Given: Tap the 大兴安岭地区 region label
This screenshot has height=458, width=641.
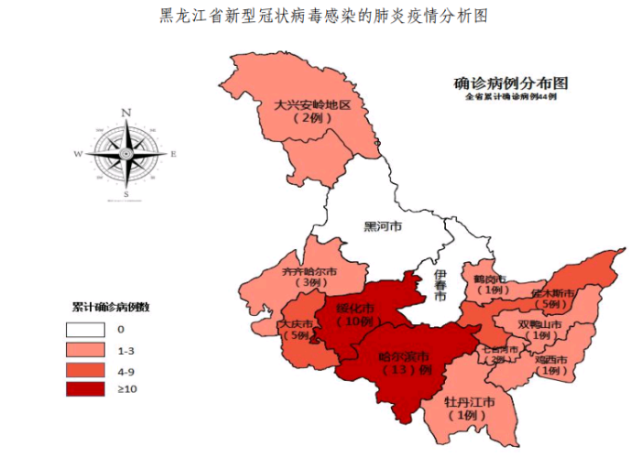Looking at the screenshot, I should tap(312, 105).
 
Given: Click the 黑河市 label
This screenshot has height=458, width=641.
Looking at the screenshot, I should tap(383, 225).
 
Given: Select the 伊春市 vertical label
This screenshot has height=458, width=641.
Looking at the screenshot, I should tap(440, 286).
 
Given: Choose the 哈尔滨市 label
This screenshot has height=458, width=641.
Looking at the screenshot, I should tap(405, 357).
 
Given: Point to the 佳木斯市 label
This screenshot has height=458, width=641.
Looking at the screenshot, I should tap(552, 293).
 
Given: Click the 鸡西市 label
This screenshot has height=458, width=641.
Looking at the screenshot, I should tap(551, 359).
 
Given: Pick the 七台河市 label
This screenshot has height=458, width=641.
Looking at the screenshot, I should tap(501, 349).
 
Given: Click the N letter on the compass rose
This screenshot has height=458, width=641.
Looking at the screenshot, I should tap(125, 113).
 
